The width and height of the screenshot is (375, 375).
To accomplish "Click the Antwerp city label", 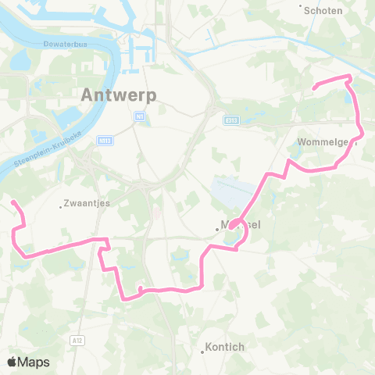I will pos(119,95).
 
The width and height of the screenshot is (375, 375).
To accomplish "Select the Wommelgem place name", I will pos(327,142).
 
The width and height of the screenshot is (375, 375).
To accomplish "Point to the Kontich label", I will pos(225,347).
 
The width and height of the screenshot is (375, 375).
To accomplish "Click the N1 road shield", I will pos(139,116).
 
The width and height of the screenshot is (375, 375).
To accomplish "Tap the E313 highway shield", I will pos(232,121).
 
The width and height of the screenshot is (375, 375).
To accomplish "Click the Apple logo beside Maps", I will pos(12,362).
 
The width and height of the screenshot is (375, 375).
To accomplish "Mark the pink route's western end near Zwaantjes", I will pos(12,202).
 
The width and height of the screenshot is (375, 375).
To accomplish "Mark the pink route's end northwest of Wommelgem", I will pos(313,88).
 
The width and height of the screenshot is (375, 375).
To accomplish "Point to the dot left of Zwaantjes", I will pos(62,206).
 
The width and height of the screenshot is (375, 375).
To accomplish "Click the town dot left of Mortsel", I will pos(218,229).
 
